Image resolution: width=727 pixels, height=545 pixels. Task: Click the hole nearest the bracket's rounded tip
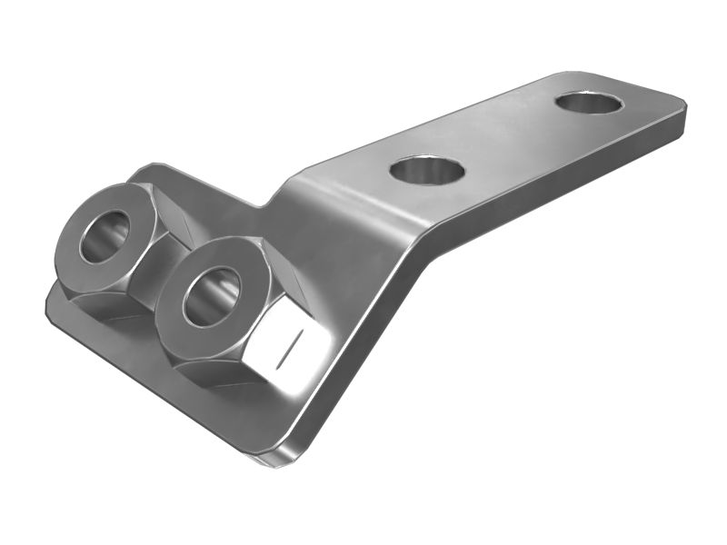click(x=589, y=102)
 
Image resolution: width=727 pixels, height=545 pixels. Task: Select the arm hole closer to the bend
click(x=426, y=170)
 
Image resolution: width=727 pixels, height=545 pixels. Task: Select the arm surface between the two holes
click(x=509, y=136)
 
